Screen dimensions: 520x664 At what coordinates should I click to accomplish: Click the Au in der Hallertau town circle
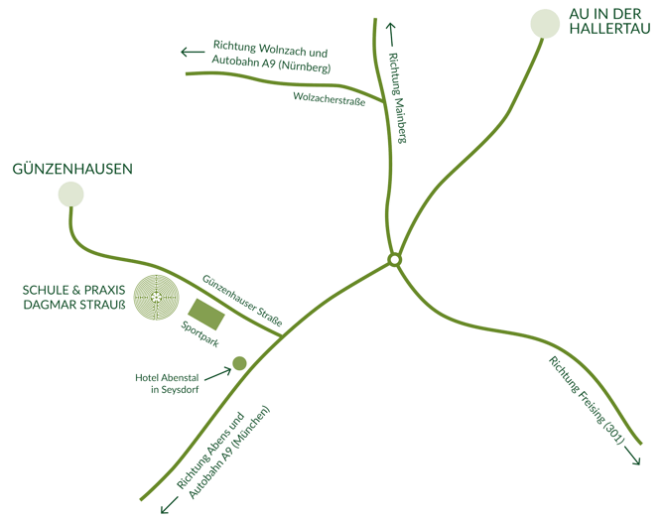coord(545,23)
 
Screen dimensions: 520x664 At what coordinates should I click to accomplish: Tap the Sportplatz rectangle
coord(206,315)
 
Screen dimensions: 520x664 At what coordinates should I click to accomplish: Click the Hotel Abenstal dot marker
coord(239,363)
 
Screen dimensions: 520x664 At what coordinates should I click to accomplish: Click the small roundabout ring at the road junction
coord(395,260)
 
